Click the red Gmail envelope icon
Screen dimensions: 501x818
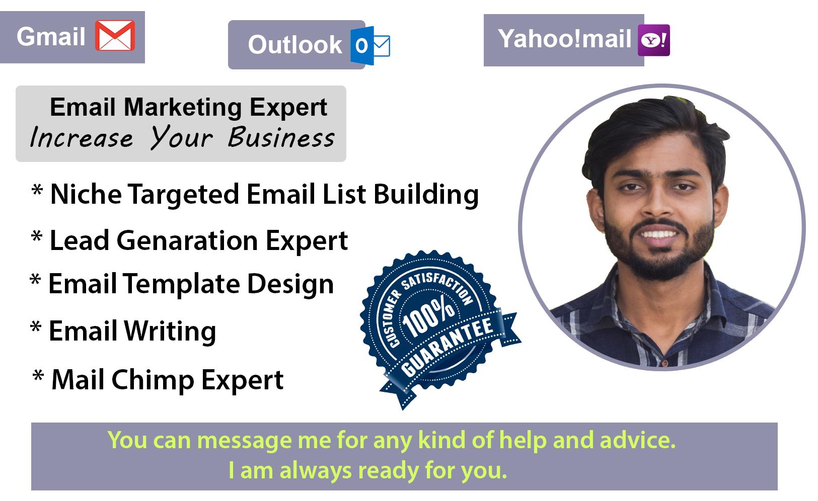(115, 36)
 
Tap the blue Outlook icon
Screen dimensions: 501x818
(370, 45)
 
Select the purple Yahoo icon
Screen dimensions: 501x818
(653, 40)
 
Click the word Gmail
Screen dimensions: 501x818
(51, 36)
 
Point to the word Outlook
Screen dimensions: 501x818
(294, 45)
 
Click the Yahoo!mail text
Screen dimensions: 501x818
(564, 39)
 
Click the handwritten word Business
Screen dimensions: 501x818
(281, 137)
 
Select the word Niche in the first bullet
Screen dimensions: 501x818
(86, 194)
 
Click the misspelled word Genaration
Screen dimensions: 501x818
(187, 240)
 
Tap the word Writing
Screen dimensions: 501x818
(170, 331)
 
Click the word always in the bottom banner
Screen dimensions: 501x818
(315, 471)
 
